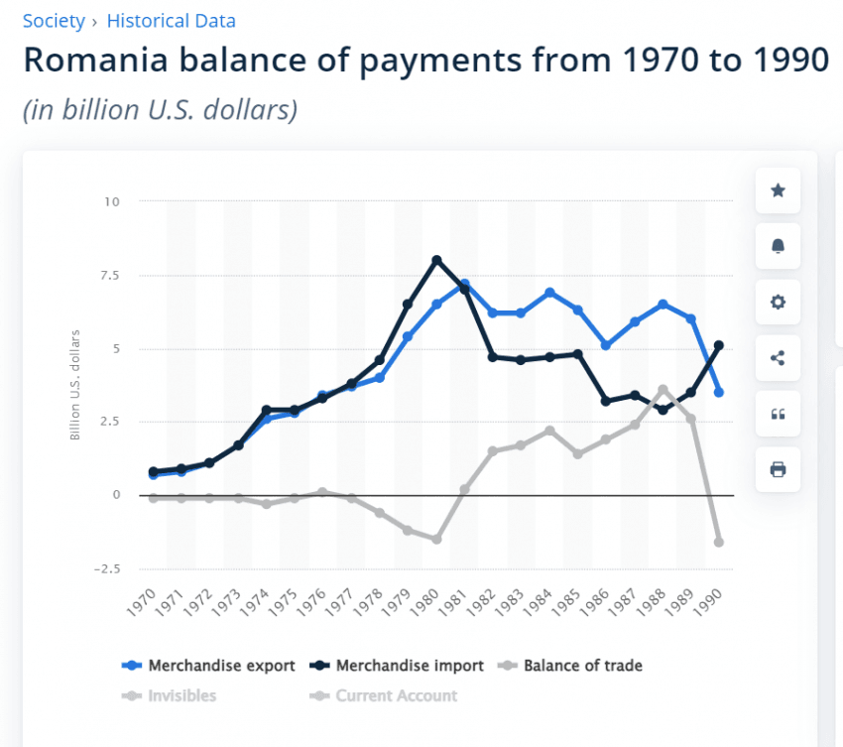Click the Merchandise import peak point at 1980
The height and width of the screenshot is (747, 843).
pos(436,260)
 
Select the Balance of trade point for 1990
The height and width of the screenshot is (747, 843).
pos(719,542)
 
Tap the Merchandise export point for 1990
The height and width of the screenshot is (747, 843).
pos(719,393)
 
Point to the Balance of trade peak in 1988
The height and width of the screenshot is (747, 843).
pos(662,389)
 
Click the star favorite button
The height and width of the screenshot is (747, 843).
pos(778,190)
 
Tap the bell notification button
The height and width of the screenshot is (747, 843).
pos(778,246)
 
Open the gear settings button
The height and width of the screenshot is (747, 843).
pos(778,303)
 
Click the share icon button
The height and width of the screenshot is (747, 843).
pos(778,358)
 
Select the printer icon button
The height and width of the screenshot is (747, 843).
pos(778,469)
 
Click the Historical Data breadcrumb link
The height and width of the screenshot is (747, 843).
pos(171,20)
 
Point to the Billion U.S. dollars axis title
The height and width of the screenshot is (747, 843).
pos(75,384)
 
